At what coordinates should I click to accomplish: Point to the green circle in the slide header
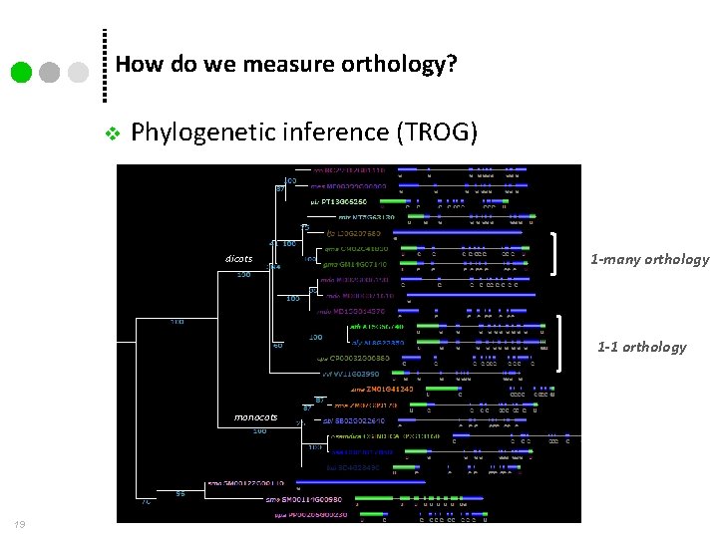22,73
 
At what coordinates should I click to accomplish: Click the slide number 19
20,525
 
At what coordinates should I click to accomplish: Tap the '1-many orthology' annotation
649,259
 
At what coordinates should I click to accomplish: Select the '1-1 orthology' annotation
641,347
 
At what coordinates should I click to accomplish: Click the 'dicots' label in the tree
239,259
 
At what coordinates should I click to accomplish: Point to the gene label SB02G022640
349,420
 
